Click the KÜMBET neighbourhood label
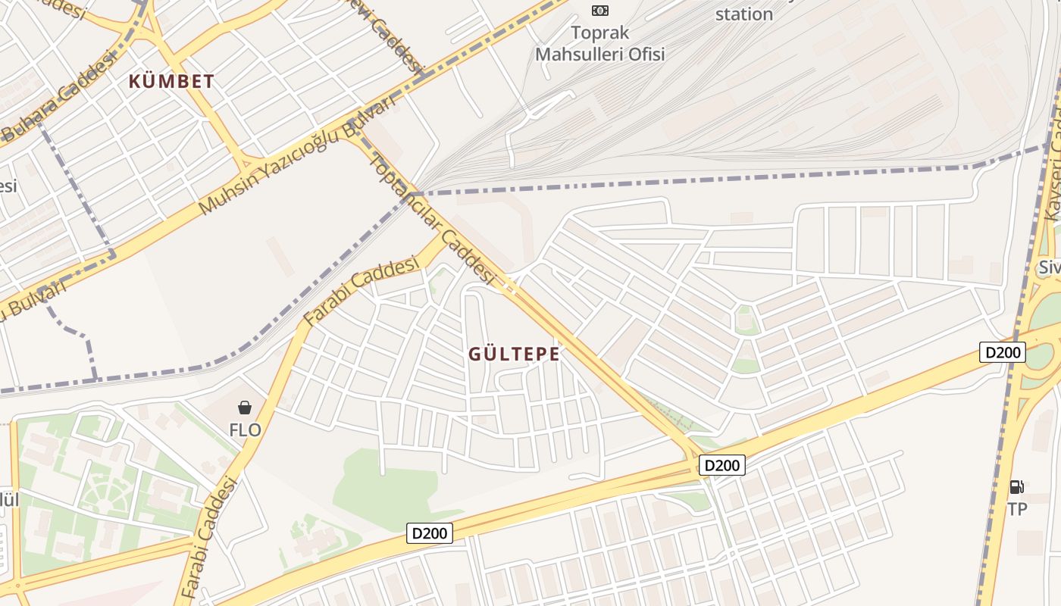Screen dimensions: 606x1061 point(171,81)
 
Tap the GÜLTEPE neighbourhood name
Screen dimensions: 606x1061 point(514,354)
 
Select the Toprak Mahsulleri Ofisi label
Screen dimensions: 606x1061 point(599,44)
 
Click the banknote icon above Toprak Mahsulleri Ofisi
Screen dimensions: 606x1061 point(599,10)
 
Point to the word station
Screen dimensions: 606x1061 point(743,14)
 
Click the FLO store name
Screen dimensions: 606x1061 point(245,430)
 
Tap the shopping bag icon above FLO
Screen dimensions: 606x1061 point(245,408)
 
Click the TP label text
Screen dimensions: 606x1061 point(1017,509)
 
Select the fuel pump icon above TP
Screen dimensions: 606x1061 point(1017,486)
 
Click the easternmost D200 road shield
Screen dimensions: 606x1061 point(1002,352)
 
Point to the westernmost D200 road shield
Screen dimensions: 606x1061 point(430,533)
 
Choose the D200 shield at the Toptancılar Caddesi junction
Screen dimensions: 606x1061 point(721,465)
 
